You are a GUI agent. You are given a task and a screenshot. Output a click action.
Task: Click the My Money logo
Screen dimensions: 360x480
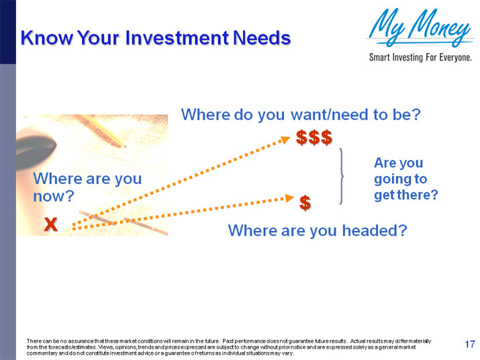click(420, 28)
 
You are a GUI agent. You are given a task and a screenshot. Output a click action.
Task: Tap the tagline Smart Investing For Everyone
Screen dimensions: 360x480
click(420, 57)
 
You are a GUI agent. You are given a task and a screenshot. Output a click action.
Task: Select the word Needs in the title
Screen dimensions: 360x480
click(261, 38)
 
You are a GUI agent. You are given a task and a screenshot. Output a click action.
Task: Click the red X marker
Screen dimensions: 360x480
click(50, 225)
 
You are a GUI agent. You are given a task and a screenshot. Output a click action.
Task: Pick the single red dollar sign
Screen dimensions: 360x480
click(305, 202)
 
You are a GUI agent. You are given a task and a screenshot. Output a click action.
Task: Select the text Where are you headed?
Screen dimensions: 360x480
click(318, 231)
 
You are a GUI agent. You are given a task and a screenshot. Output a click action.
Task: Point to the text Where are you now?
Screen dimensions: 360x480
click(87, 187)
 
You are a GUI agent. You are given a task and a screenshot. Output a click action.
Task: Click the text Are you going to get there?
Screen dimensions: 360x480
click(405, 179)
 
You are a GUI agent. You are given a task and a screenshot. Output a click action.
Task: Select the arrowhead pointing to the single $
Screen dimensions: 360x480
click(291, 197)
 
